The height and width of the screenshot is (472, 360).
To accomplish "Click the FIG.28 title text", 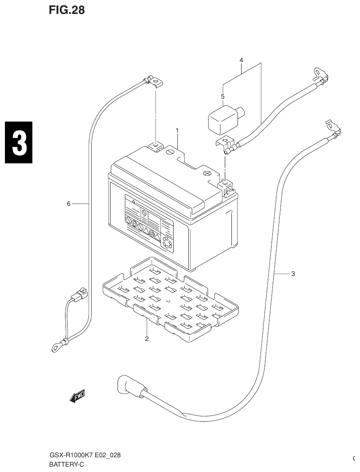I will tap(67, 10).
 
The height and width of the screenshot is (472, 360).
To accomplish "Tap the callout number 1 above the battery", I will tap(177, 130).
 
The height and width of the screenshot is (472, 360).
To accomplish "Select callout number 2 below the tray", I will tap(147, 339).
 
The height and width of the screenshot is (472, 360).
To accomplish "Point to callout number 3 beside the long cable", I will tap(293, 274).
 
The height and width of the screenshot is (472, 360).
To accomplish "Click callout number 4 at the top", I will tap(241, 60).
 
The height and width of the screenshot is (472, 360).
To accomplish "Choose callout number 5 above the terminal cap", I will tap(223, 97).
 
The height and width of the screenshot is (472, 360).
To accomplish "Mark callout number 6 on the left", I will tap(69, 203).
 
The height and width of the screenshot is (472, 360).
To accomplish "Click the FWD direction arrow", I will tap(77, 395).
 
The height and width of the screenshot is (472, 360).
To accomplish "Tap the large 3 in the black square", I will tap(18, 142).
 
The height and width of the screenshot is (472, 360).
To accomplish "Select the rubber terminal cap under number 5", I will tap(223, 119).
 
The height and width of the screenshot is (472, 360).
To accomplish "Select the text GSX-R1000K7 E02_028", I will tap(85, 455).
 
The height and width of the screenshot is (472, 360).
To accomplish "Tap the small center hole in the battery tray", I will tap(168, 302).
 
